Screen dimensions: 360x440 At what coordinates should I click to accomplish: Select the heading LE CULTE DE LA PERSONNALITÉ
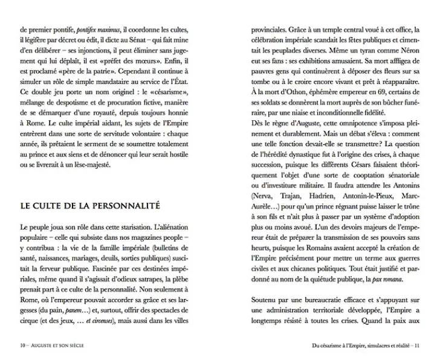[91, 205]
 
